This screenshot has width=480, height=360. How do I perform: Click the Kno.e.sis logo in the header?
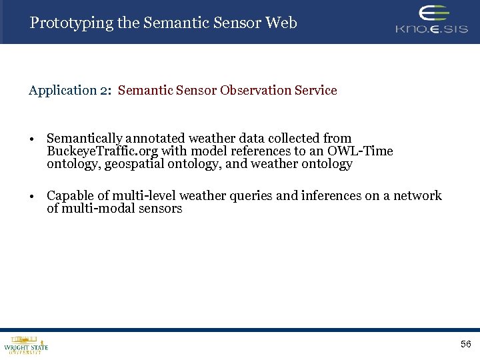431,20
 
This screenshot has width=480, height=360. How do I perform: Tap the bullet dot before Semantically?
32,139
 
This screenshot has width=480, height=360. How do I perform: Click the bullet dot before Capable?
32,197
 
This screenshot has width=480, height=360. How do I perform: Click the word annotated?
155,139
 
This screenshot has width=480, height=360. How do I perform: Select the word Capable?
69,196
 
